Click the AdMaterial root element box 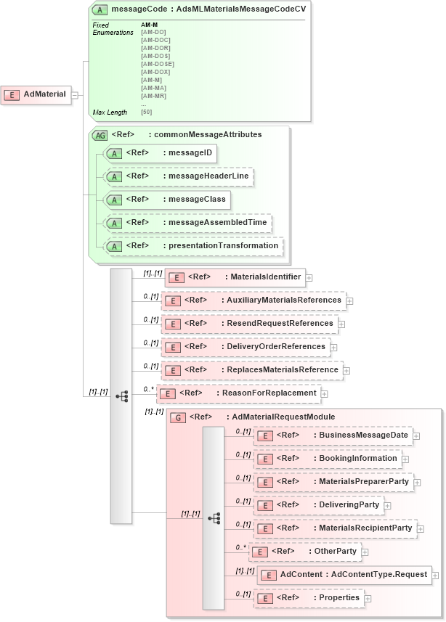[37, 94]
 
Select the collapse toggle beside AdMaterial [75, 94]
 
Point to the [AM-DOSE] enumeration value [157, 64]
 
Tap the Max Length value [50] [147, 112]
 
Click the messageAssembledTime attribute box [188, 222]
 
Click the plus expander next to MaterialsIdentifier [309, 277]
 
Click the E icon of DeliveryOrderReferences [172, 348]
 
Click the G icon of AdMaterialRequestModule [177, 418]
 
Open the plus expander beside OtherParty [365, 552]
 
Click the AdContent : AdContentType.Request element [344, 575]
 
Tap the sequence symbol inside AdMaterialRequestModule [214, 517]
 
